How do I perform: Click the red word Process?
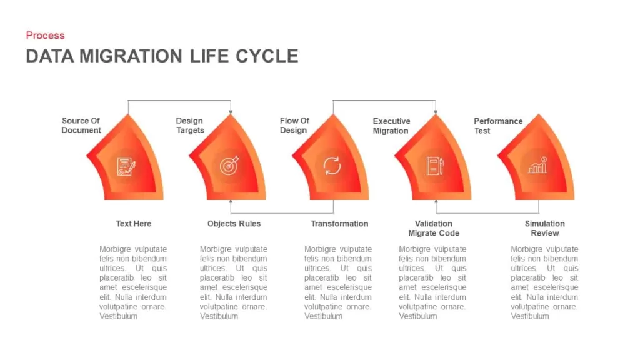pos(45,36)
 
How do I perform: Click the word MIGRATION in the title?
pos(131,56)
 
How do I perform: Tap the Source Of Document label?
pos(81,125)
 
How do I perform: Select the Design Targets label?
pos(190,125)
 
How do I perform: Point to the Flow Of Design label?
pos(294,125)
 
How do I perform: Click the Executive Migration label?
pos(391,126)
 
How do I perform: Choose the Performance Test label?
pos(498,126)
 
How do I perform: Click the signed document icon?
pos(126,166)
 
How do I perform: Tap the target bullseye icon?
pos(229,165)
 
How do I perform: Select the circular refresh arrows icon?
pos(332,166)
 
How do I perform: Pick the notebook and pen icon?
pos(435,166)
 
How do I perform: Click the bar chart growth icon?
pos(537,165)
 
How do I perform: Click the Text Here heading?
pos(134,224)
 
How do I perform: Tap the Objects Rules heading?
pos(234,224)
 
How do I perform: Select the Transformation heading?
pos(339,224)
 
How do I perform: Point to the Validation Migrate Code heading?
pos(434,229)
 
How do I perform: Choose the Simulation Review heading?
pos(545,229)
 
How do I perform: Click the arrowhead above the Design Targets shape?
pos(231,112)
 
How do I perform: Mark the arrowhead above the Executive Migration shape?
pos(436,112)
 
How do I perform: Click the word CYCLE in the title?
pos(267,56)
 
